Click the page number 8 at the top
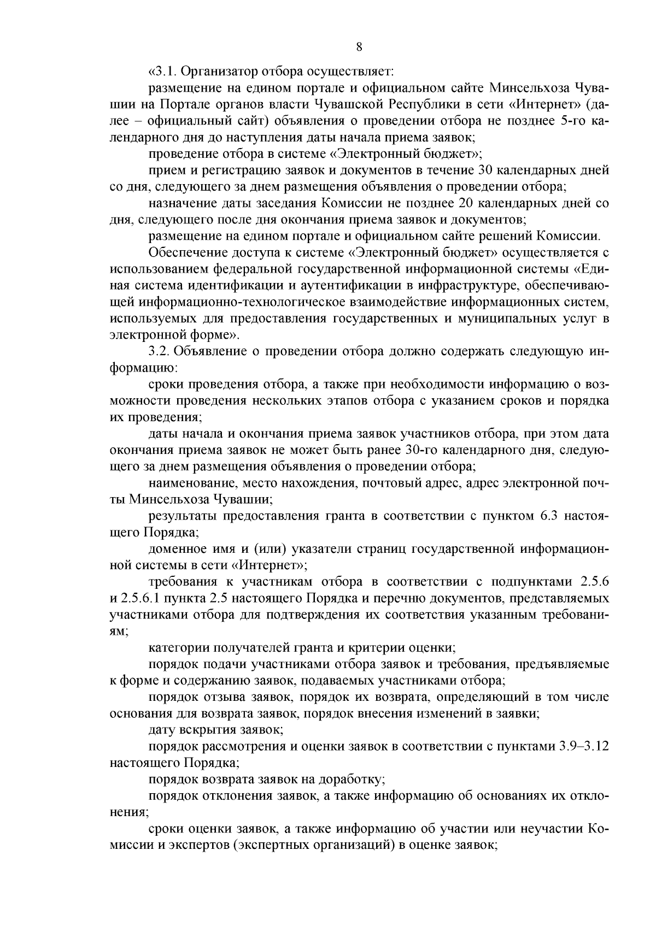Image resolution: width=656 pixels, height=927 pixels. point(359,47)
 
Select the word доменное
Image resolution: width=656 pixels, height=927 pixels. point(177,548)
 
